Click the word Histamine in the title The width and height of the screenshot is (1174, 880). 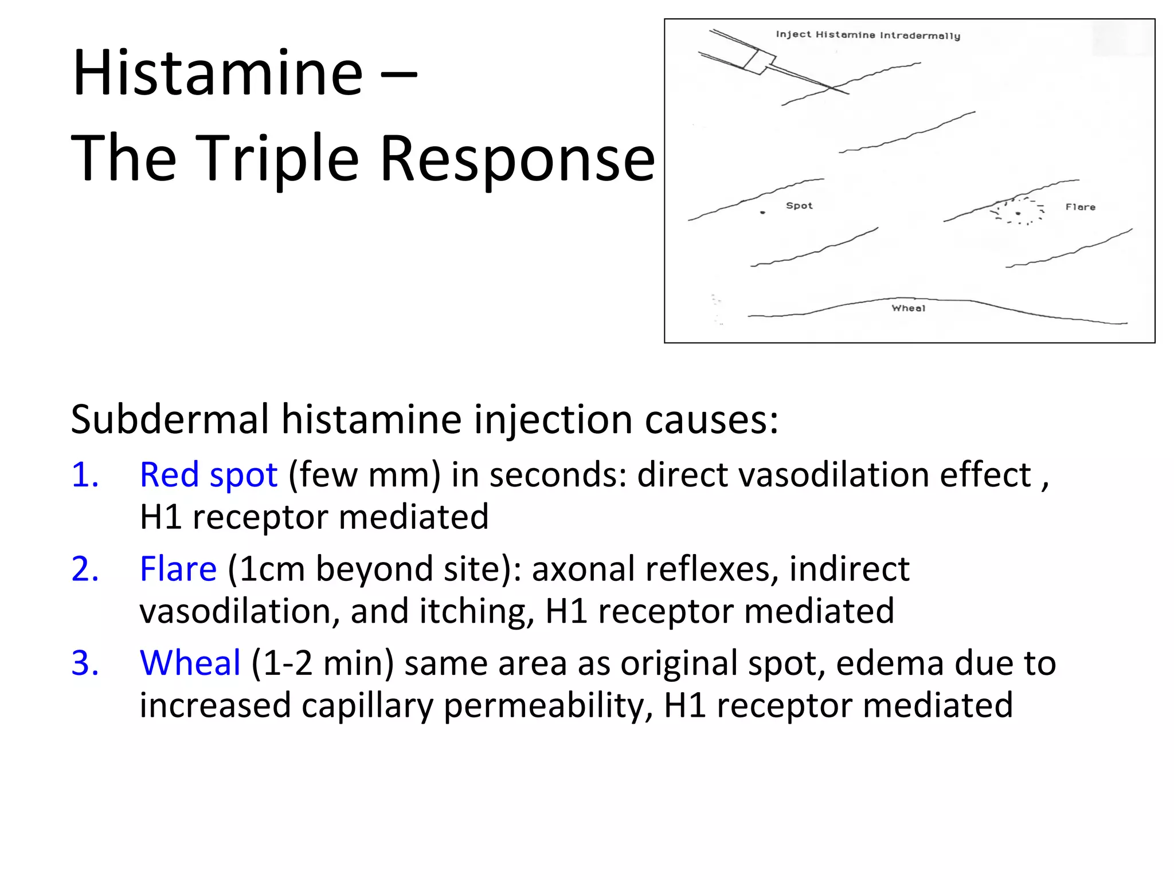(x=218, y=73)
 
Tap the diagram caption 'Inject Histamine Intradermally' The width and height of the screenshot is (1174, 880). (x=868, y=35)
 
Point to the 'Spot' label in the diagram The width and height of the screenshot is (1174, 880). (x=799, y=206)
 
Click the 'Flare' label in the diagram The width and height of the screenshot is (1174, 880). (x=1080, y=207)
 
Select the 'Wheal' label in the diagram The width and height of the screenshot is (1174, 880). (x=909, y=308)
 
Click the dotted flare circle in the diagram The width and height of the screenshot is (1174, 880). (x=1019, y=211)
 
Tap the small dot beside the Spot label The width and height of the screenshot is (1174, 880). (x=762, y=213)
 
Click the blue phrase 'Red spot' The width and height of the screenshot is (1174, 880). (x=209, y=475)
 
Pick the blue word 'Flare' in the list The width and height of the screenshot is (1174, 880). (x=178, y=569)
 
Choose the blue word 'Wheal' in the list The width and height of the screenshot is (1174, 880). (x=190, y=663)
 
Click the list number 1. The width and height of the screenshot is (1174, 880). (x=85, y=475)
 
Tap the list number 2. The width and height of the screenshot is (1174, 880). (x=85, y=569)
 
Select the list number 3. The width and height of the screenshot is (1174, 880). (x=85, y=663)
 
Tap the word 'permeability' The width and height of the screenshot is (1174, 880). (x=548, y=705)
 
